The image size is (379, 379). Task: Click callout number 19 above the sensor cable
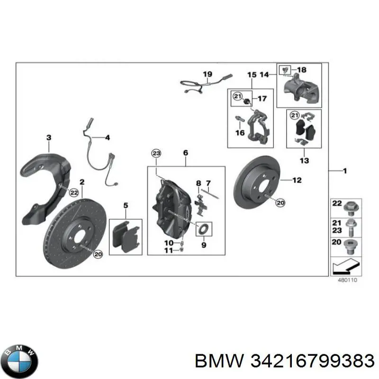click(x=208, y=74)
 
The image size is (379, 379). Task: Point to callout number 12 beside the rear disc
click(x=297, y=180)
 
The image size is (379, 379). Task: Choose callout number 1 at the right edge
click(x=345, y=171)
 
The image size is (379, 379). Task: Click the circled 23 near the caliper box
click(x=156, y=153)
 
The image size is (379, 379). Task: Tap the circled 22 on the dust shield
click(x=73, y=192)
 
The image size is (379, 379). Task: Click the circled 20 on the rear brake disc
click(x=280, y=203)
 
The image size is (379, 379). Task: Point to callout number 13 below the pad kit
click(x=305, y=161)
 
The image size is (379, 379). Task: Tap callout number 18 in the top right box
click(x=302, y=70)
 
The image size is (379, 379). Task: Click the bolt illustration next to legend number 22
click(x=352, y=207)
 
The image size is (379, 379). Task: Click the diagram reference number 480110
click(x=347, y=280)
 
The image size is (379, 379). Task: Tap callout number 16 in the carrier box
click(x=240, y=133)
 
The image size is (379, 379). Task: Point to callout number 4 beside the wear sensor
click(x=107, y=138)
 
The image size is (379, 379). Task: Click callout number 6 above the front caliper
click(x=185, y=153)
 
